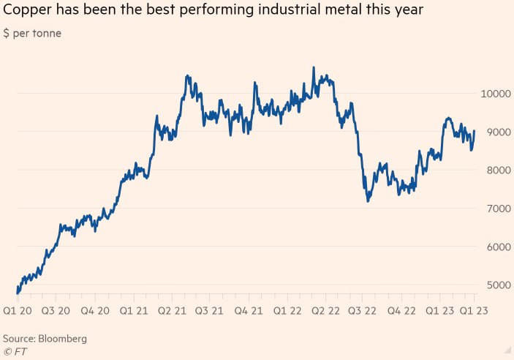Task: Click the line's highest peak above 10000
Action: coord(314,67)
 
